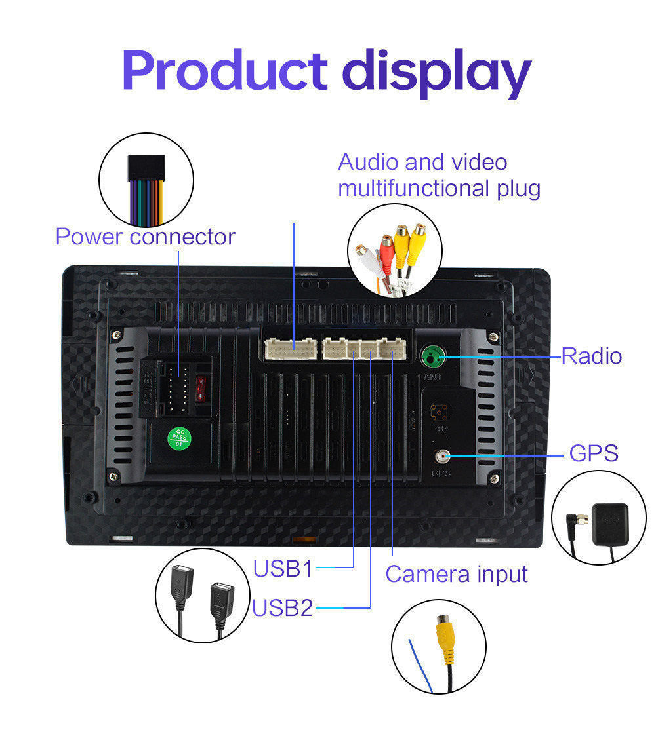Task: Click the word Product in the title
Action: click(224, 71)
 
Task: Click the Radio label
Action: click(591, 356)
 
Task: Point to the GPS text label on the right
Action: click(594, 453)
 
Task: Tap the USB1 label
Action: click(283, 568)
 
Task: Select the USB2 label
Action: click(283, 607)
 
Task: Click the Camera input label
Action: click(456, 573)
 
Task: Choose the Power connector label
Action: click(145, 237)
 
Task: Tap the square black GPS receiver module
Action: click(610, 524)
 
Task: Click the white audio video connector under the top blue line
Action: click(291, 348)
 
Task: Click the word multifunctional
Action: click(412, 189)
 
